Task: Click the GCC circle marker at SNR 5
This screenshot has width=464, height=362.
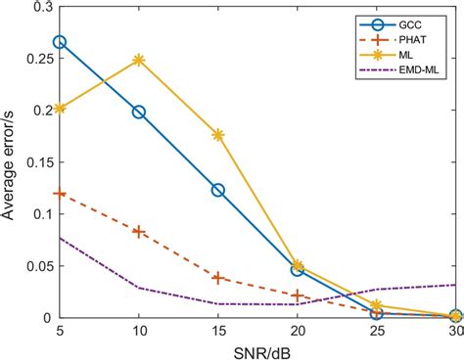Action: point(60,42)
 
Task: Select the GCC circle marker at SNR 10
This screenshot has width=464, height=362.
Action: point(139,113)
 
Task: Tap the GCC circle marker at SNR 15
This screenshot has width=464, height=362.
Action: point(218,190)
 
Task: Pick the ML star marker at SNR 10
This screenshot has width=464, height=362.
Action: point(139,60)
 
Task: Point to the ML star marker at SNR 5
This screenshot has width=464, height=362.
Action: point(60,109)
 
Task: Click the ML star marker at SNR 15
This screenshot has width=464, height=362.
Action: point(218,135)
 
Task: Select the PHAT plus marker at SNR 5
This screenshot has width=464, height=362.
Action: point(60,194)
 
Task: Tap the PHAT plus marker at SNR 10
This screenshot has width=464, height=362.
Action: point(139,232)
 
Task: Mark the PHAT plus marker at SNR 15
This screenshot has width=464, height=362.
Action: point(218,278)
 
